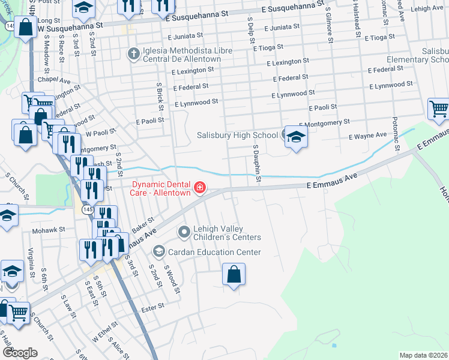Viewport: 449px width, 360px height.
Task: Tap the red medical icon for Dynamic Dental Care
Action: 199,189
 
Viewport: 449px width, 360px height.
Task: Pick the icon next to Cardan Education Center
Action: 158,251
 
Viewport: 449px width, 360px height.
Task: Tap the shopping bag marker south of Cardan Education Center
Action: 234,275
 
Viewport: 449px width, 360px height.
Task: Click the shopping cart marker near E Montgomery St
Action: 439,110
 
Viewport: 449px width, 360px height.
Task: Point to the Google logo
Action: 20,352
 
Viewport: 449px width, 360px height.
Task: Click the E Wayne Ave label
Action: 368,136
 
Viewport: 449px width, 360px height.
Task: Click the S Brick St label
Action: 160,97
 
